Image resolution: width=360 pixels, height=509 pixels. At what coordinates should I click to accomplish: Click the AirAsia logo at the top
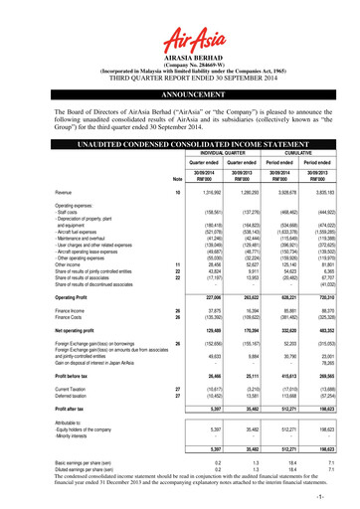coord(179,18)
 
